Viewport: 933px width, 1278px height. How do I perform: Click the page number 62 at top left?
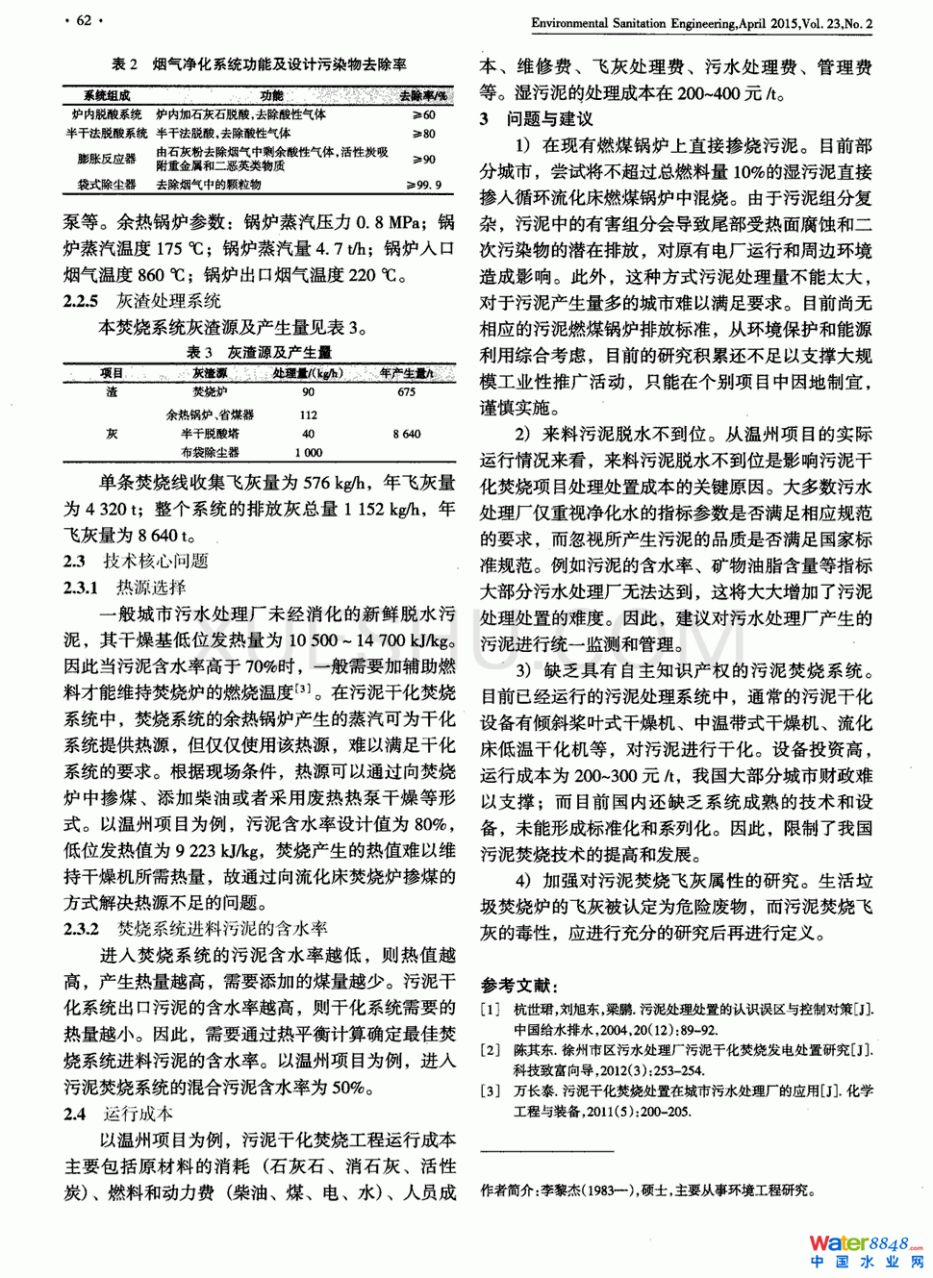[84, 20]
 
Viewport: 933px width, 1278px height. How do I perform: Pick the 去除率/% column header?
[423, 96]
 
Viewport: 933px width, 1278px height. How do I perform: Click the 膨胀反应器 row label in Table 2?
[107, 159]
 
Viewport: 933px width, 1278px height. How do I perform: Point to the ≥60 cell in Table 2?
[423, 114]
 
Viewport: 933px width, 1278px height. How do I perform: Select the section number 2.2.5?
[81, 301]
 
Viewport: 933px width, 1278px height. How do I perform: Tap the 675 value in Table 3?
[407, 392]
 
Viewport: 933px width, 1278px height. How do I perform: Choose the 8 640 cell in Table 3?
[407, 434]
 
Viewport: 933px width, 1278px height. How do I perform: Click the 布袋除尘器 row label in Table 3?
[210, 452]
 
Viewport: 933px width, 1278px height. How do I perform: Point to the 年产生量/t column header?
[407, 373]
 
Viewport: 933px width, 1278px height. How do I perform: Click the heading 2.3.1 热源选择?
[125, 588]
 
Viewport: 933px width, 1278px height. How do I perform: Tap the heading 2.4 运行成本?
[118, 1114]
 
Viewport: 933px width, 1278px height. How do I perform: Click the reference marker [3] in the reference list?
[491, 1091]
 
